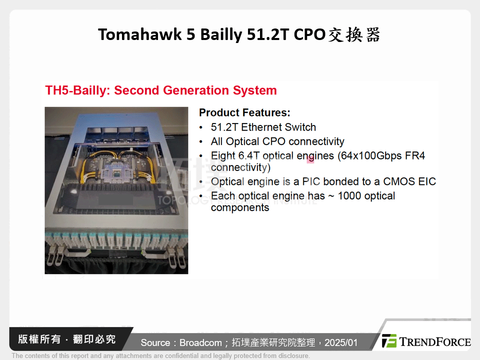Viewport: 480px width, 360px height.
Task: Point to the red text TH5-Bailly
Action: click(x=77, y=90)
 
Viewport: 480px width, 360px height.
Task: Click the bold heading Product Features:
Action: click(x=244, y=112)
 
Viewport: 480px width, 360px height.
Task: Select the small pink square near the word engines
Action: click(x=310, y=159)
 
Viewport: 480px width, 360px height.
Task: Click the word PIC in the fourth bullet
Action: click(x=311, y=181)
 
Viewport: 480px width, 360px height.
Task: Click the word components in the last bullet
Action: click(x=240, y=207)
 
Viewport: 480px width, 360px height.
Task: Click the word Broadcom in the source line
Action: click(x=199, y=342)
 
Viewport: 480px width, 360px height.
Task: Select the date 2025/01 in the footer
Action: click(x=341, y=342)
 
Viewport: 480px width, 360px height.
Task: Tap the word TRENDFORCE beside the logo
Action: click(x=435, y=342)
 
